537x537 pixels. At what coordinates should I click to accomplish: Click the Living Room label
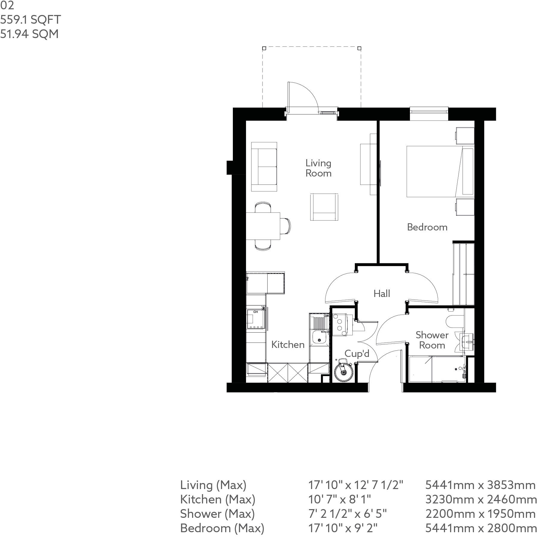pos(318,168)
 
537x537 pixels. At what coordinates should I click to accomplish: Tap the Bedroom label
pos(427,227)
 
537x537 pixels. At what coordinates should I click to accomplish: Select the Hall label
pos(382,293)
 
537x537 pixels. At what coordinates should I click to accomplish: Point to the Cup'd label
pos(357,354)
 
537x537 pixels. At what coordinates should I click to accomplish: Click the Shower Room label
pos(432,340)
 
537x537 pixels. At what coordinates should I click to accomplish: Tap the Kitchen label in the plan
pos(288,345)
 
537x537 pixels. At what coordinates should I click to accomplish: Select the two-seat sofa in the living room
pos(264,167)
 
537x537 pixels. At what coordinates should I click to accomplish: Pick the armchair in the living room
pos(324,207)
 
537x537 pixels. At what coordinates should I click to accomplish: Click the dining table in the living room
pos(263,226)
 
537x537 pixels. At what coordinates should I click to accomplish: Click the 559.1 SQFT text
pos(30,20)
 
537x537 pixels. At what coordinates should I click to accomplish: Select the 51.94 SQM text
pos(29,34)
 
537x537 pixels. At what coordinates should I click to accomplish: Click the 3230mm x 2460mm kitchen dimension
pos(480,500)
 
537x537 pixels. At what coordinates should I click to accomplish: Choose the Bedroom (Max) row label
pos(222,528)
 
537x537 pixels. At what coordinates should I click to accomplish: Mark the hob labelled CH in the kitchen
pos(256,320)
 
